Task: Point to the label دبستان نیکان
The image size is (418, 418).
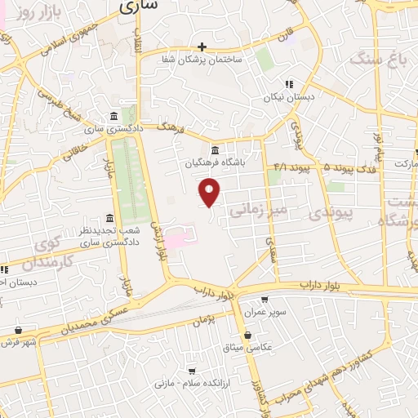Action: (288, 96)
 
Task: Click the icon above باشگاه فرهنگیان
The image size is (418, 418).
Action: (214, 150)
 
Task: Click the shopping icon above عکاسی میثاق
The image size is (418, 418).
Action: (247, 334)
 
